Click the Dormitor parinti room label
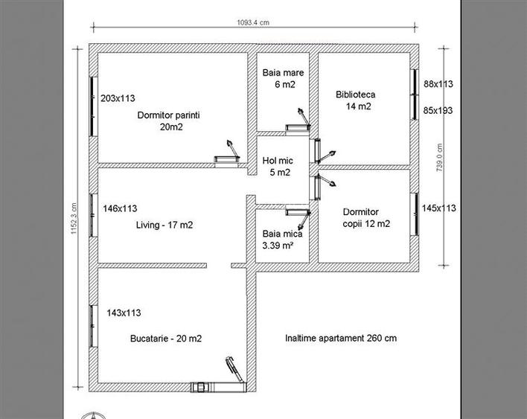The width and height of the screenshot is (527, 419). click(x=170, y=121)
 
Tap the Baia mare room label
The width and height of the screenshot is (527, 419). click(x=278, y=79)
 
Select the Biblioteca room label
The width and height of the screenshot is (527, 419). click(x=355, y=100)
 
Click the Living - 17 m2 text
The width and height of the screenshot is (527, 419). click(x=165, y=224)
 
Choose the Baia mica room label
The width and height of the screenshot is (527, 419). click(x=278, y=239)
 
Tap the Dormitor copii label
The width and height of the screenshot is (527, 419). click(x=365, y=217)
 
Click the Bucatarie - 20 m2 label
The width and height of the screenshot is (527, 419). click(x=165, y=338)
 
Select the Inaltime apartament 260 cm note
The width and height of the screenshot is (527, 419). click(x=340, y=338)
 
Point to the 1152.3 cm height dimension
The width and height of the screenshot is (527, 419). click(x=74, y=220)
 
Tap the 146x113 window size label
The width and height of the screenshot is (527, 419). click(x=120, y=209)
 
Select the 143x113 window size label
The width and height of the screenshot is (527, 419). click(x=124, y=313)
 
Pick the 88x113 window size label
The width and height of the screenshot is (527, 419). click(x=438, y=85)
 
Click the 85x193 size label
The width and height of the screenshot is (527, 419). click(x=438, y=110)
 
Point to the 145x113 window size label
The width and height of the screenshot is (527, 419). click(x=438, y=208)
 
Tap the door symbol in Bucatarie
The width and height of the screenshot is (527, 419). click(x=233, y=372)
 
